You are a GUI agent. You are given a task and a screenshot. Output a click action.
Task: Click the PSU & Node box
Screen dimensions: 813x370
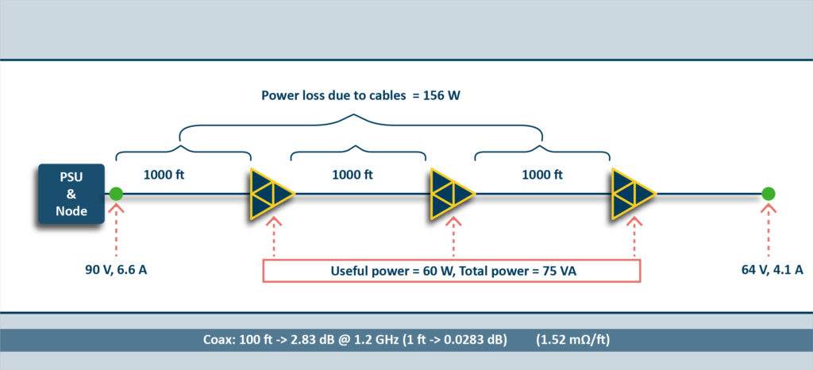[71, 194]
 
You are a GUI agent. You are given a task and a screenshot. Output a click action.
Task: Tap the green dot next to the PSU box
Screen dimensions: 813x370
[116, 194]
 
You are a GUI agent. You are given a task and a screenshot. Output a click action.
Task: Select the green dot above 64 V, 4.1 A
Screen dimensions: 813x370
[769, 194]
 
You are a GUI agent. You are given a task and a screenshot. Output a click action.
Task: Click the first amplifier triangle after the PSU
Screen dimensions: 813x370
[272, 194]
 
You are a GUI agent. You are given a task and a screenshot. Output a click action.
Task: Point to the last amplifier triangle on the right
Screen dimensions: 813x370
[634, 194]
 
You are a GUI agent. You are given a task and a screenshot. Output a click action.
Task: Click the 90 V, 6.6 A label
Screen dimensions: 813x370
[116, 270]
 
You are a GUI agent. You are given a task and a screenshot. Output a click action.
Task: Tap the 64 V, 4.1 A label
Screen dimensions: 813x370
[773, 270]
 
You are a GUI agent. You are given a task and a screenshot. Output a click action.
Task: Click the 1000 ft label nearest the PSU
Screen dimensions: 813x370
[164, 175]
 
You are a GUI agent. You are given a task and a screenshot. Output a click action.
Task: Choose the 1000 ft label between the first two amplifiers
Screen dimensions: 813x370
[352, 175]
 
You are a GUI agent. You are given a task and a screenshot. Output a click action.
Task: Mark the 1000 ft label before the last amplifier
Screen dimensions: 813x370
[542, 175]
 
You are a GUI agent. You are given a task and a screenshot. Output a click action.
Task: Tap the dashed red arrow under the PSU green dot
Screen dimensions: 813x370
[116, 229]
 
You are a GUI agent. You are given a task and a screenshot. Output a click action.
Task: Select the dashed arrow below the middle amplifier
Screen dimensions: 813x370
[453, 237]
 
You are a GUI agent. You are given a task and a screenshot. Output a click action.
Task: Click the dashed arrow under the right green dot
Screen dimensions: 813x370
[769, 229]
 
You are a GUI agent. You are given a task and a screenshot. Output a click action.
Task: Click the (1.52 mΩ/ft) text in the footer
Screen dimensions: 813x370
[572, 341]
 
